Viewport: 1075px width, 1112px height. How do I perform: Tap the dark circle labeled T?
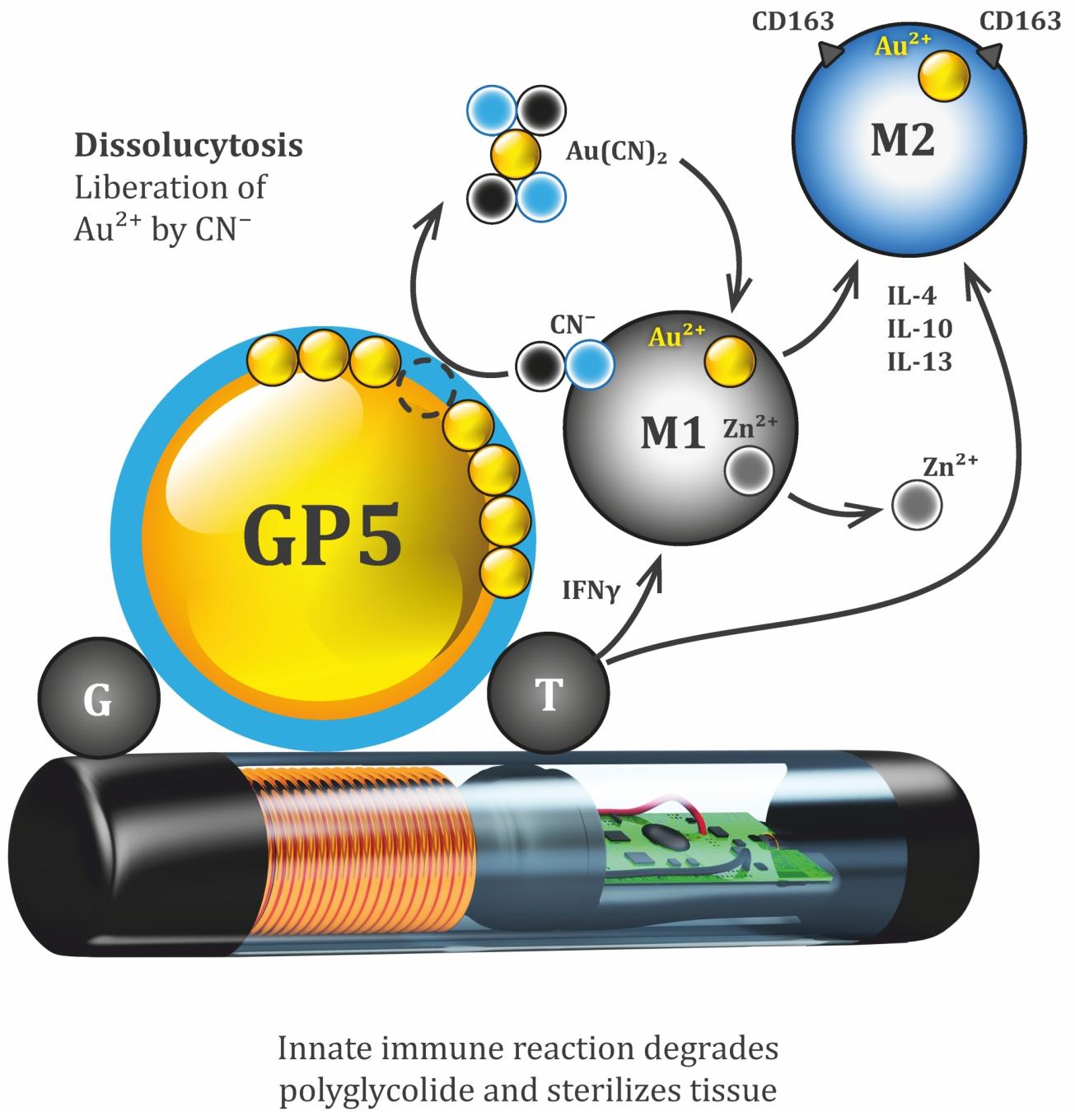[548, 694]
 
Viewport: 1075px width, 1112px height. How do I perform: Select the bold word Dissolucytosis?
[189, 146]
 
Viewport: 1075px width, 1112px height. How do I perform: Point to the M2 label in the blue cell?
[903, 141]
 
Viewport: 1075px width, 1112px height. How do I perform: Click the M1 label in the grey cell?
[673, 432]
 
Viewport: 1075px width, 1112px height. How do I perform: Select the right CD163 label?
[1021, 21]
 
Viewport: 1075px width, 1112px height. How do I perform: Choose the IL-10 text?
[919, 329]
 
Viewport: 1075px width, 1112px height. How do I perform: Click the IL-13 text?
[919, 361]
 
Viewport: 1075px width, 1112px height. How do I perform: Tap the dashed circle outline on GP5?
[423, 391]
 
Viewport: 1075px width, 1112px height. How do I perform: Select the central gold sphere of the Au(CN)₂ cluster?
[516, 152]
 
